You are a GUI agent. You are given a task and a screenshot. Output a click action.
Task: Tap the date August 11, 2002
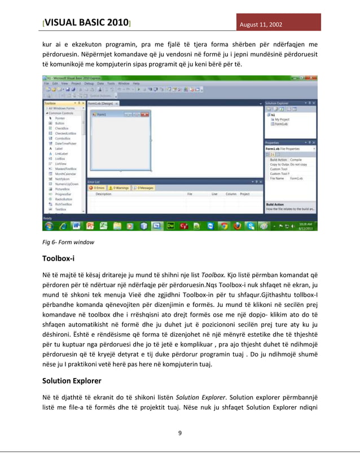point(261,25)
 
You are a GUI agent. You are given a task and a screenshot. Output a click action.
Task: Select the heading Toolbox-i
point(59,259)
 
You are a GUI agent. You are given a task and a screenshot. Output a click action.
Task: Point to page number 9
point(179,433)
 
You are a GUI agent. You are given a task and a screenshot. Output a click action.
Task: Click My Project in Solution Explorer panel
point(282,120)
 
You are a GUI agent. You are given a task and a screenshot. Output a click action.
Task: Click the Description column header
point(104,194)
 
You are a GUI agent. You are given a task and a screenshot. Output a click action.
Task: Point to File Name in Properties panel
point(278,178)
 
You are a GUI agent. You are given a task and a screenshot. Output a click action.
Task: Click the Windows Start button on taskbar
point(49,225)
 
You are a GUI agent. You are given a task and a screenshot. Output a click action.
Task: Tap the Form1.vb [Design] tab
point(100,103)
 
